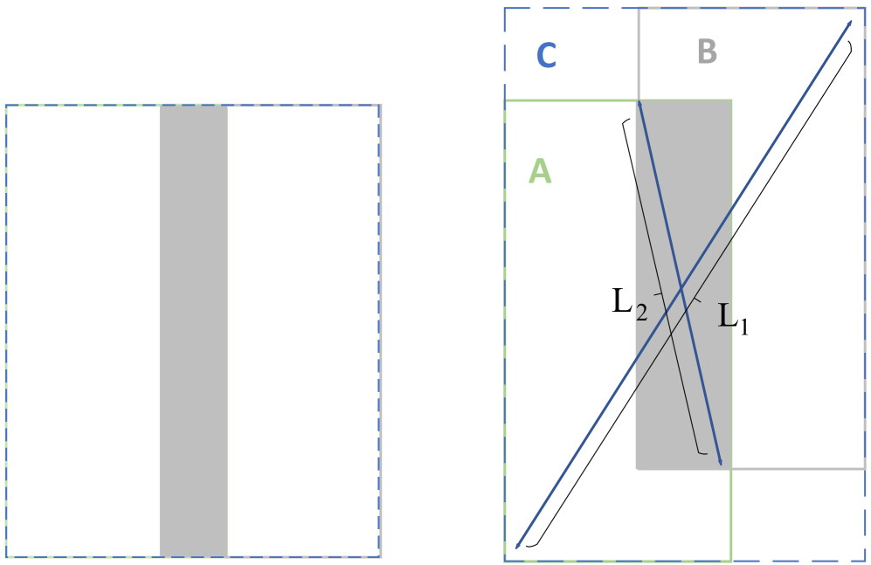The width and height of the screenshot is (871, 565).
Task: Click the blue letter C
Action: coord(546,55)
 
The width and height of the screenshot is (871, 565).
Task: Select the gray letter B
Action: coord(707,52)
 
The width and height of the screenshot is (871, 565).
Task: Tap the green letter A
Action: coord(540,171)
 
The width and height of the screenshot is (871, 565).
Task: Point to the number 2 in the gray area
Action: coord(642,314)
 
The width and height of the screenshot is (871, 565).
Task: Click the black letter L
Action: coord(724,315)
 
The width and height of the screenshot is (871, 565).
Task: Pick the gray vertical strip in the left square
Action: coord(193,330)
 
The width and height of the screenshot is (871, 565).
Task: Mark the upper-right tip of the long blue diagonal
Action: coord(851,21)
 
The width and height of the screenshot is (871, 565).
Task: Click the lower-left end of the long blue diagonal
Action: coord(517,548)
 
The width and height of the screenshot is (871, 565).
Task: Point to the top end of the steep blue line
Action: coord(639,101)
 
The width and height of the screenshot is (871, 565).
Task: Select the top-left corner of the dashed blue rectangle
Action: coord(505,10)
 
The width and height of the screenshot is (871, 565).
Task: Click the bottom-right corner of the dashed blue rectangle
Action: coord(865,560)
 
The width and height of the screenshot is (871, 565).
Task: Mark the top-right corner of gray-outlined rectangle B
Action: coord(865,10)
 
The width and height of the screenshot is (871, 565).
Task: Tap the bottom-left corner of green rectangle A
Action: coord(506,560)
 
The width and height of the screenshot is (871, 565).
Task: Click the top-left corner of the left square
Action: coord(6,106)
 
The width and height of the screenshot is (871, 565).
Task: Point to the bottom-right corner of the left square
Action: coord(380,556)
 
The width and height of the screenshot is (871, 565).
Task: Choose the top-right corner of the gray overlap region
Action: coord(731,100)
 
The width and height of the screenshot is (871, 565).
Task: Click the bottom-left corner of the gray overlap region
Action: coord(636,469)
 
